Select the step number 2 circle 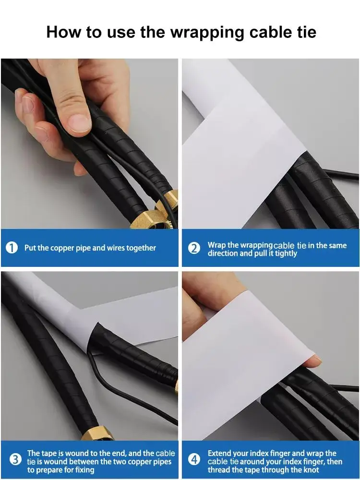pyautogui.click(x=194, y=249)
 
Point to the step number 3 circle pyautogui.click(x=15, y=459)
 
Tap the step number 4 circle pyautogui.click(x=194, y=459)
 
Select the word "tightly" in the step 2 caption pyautogui.click(x=286, y=253)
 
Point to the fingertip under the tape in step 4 pyautogui.click(x=314, y=361)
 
